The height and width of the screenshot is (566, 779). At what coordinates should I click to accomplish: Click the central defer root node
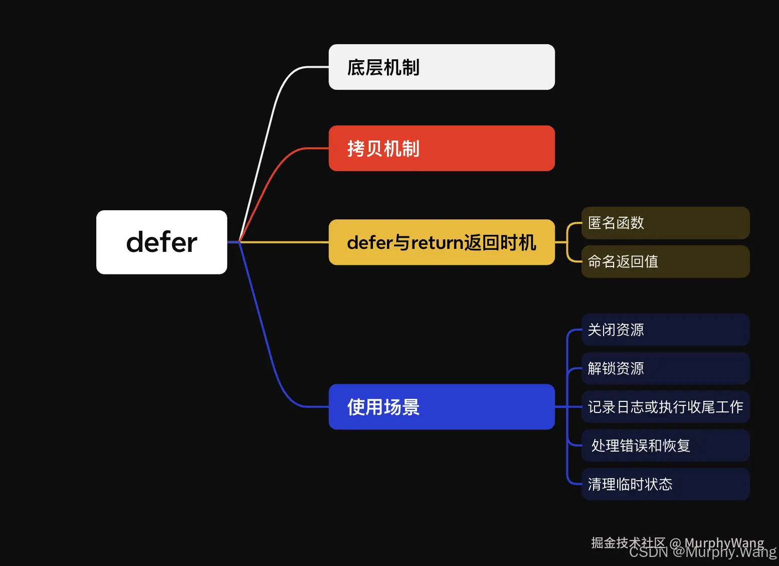(x=161, y=242)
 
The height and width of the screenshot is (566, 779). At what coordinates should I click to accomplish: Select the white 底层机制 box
(x=441, y=67)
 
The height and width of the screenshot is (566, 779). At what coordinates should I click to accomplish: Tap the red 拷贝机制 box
(x=441, y=149)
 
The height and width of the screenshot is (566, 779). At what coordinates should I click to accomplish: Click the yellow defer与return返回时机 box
(x=441, y=242)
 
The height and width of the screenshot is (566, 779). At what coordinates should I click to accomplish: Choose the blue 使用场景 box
(x=441, y=406)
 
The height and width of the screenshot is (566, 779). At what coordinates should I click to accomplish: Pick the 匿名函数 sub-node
(x=665, y=223)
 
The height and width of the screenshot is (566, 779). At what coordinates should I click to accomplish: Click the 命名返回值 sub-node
(x=665, y=261)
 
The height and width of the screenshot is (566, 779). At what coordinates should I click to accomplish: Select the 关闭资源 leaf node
(x=665, y=330)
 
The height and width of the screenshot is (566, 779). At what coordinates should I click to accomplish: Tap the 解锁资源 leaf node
(x=665, y=368)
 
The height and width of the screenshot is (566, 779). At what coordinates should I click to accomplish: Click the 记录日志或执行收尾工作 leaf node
(x=665, y=407)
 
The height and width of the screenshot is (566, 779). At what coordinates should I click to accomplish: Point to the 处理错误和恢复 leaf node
(x=665, y=446)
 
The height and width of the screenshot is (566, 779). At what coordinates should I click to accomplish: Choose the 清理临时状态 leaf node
(x=665, y=484)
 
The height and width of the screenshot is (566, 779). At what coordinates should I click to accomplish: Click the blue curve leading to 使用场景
(x=266, y=346)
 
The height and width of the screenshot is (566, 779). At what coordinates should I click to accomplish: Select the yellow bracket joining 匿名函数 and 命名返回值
(x=567, y=242)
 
